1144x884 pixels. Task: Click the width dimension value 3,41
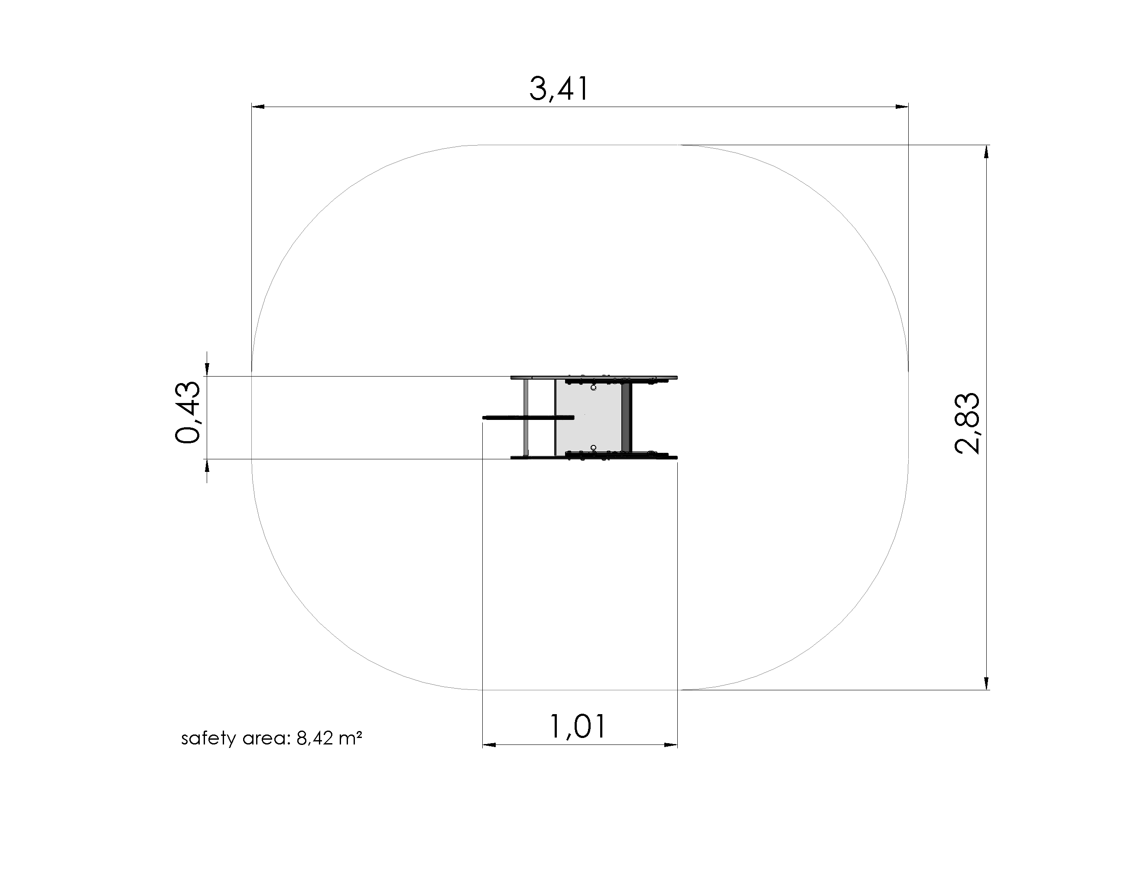tap(559, 88)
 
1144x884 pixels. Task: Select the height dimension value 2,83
tap(967, 422)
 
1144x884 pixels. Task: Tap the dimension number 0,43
tap(187, 413)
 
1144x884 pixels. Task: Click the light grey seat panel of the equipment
tap(588, 417)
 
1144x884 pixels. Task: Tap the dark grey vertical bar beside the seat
tap(627, 417)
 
